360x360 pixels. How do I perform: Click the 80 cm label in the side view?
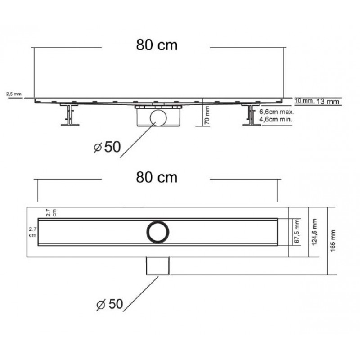click(157, 45)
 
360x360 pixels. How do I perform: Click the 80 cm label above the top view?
click(157, 177)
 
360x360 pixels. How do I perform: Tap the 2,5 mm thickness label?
click(14, 94)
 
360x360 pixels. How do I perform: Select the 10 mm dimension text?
click(304, 100)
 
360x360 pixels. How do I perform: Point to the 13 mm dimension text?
click(328, 102)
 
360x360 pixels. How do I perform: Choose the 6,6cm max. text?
click(276, 112)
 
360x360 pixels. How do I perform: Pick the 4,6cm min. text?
click(275, 119)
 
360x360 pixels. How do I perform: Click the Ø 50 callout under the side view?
click(107, 147)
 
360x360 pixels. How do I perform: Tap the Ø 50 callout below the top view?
click(110, 304)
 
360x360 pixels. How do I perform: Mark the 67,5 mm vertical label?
click(297, 231)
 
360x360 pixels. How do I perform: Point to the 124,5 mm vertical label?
click(314, 232)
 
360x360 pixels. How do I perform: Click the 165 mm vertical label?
click(333, 241)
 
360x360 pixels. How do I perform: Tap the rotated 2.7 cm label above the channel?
click(51, 213)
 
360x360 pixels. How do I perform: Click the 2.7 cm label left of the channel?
click(32, 232)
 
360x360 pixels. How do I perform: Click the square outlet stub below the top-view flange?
click(158, 265)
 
